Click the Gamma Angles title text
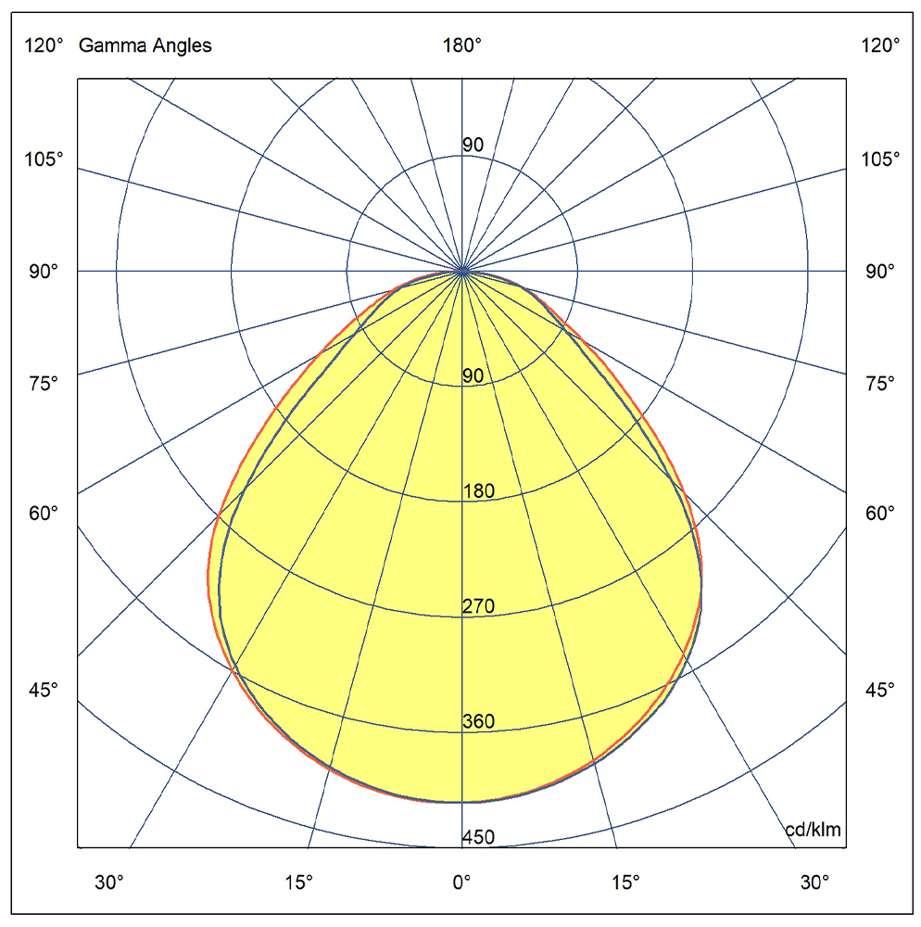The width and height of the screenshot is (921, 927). tap(145, 45)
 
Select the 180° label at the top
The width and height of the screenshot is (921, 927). tap(461, 45)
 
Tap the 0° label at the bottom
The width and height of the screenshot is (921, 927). tap(461, 882)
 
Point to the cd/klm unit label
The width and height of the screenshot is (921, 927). tap(813, 830)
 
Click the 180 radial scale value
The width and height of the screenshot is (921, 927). tap(478, 491)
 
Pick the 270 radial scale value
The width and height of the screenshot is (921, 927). tap(478, 607)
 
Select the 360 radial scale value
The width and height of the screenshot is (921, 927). tap(478, 722)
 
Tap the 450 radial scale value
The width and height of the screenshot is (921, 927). tap(478, 838)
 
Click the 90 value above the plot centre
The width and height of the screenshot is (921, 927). tap(473, 146)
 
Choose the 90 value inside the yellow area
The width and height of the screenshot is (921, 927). tap(473, 376)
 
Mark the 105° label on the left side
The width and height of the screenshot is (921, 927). tap(44, 159)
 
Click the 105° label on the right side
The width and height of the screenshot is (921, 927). tap(879, 159)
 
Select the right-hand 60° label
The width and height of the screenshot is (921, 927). tap(879, 513)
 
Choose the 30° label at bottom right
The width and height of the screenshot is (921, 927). tap(815, 882)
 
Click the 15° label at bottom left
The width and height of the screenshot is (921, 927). tap(297, 882)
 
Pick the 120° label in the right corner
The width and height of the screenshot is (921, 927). tap(879, 45)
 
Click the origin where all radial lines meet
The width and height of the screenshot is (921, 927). tap(462, 271)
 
